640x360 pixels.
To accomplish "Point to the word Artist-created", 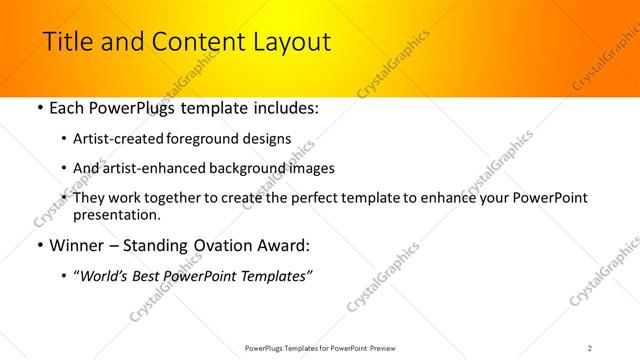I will [114, 139].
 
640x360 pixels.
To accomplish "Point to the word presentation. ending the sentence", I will [116, 214].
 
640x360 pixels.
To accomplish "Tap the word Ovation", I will [231, 245].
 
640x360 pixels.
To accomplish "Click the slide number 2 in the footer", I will [590, 347].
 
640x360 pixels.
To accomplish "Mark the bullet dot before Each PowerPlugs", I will [39, 108].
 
